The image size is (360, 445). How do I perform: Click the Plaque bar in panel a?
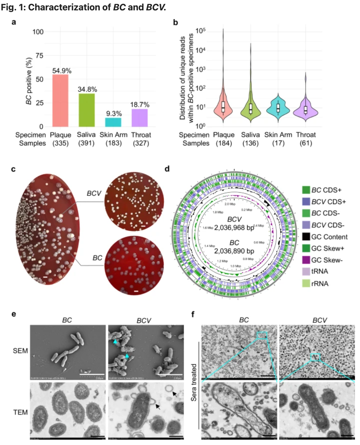click(60, 100)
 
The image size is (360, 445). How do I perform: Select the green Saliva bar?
click(87, 110)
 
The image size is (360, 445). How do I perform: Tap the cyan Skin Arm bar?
click(113, 122)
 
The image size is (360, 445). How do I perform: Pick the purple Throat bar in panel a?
click(140, 118)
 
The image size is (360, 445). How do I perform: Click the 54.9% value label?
click(62, 71)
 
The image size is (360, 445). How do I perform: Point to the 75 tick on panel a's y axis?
click(39, 56)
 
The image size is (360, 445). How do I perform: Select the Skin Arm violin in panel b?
click(278, 107)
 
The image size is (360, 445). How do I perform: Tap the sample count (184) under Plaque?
click(224, 143)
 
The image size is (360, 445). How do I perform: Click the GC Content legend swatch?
click(306, 237)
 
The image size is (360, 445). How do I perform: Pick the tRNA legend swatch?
click(306, 271)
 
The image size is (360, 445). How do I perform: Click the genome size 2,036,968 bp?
click(234, 228)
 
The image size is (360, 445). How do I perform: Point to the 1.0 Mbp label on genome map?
click(236, 266)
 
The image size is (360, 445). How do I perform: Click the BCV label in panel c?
click(94, 193)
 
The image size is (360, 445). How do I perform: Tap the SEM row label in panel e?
click(20, 351)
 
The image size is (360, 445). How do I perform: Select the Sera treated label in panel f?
click(194, 382)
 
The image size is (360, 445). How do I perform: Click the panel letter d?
click(167, 169)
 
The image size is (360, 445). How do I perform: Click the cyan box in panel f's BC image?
click(262, 335)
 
